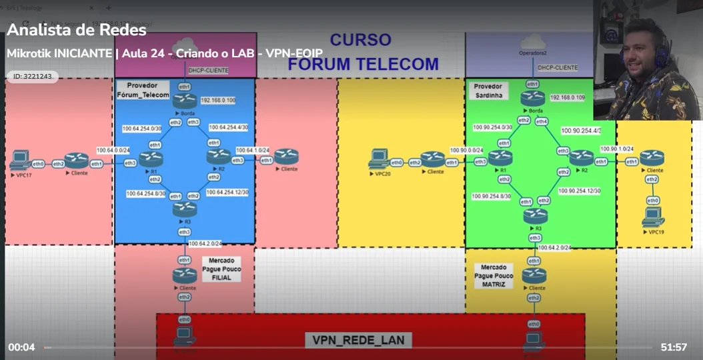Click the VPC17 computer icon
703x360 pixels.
(20, 161)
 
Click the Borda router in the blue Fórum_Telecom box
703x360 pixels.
(183, 101)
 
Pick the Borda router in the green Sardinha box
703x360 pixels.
(532, 98)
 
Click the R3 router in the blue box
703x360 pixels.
(184, 208)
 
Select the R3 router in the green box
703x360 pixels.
(534, 215)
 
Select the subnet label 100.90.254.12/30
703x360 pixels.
(580, 191)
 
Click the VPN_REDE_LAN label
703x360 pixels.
(358, 340)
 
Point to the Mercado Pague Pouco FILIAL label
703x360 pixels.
(221, 269)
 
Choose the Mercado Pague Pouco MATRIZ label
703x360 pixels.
(494, 275)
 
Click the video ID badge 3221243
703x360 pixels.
(33, 77)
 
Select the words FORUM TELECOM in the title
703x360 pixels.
(363, 65)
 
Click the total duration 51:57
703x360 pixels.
(674, 347)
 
